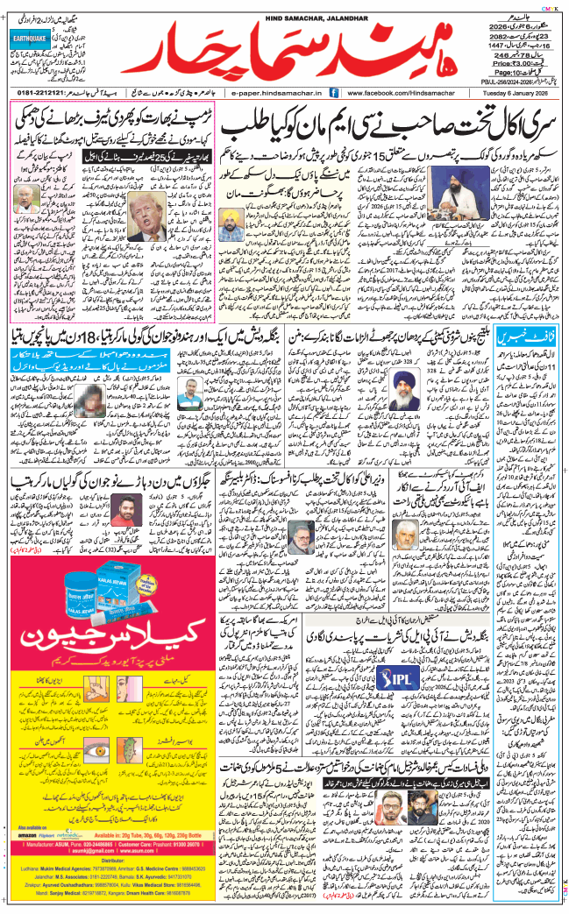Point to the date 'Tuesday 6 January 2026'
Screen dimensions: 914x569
[x=517, y=92]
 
